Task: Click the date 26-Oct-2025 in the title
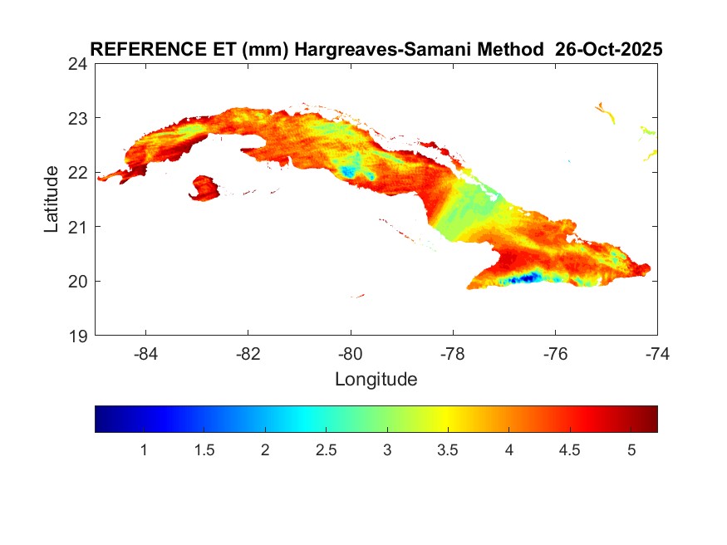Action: pos(608,50)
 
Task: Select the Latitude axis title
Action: pos(52,199)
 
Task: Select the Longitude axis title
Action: pos(376,380)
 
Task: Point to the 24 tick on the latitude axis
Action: pos(79,64)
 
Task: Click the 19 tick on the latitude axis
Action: pos(79,336)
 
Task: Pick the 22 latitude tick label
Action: pos(79,173)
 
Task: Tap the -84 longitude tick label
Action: pos(146,354)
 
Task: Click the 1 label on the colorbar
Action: pos(144,450)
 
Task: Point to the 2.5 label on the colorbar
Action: pos(327,450)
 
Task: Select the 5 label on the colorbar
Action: pos(631,450)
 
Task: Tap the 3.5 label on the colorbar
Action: pos(448,450)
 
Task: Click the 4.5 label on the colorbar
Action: pos(570,450)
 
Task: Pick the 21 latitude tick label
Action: pos(79,227)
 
